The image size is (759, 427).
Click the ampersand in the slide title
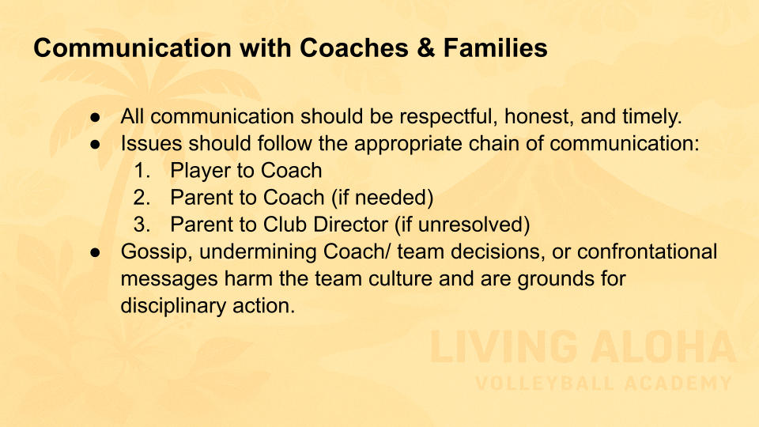coord(425,48)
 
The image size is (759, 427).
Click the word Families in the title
coord(495,48)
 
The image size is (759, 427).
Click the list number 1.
coord(142,171)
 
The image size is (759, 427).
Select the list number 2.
coord(142,198)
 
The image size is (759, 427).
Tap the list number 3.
coord(142,225)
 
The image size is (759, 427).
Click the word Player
coord(200,172)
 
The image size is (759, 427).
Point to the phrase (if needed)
coord(382,198)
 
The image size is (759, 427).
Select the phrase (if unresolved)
coord(463,225)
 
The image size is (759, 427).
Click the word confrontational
coord(648,251)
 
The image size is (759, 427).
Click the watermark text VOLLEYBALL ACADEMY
coord(603,384)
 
